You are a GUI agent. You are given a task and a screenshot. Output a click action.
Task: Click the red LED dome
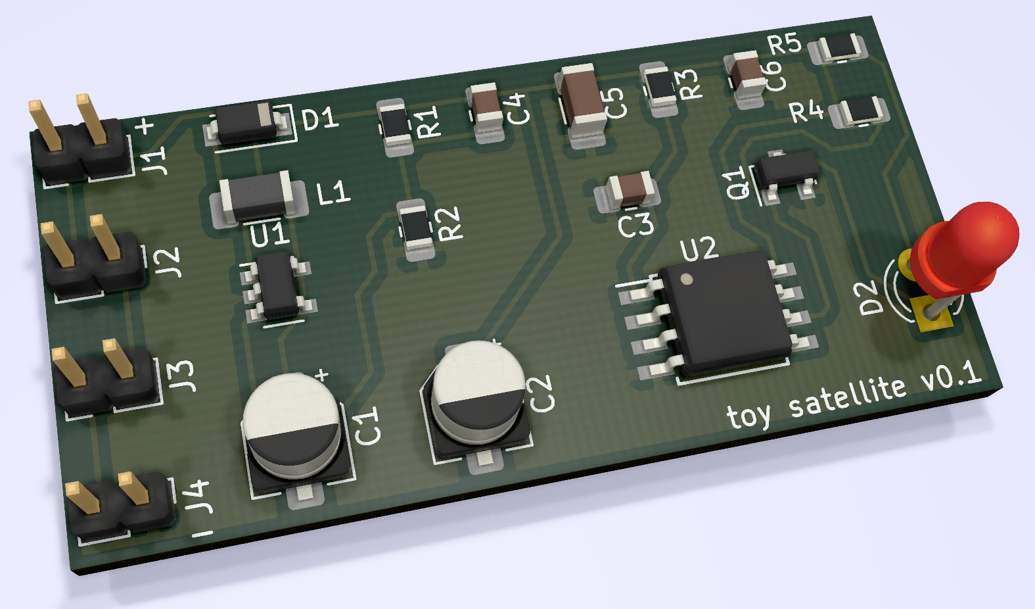tap(969, 250)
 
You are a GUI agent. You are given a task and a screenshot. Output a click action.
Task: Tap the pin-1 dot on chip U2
tap(687, 278)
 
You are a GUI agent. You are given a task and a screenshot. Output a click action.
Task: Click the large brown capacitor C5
tap(582, 103)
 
